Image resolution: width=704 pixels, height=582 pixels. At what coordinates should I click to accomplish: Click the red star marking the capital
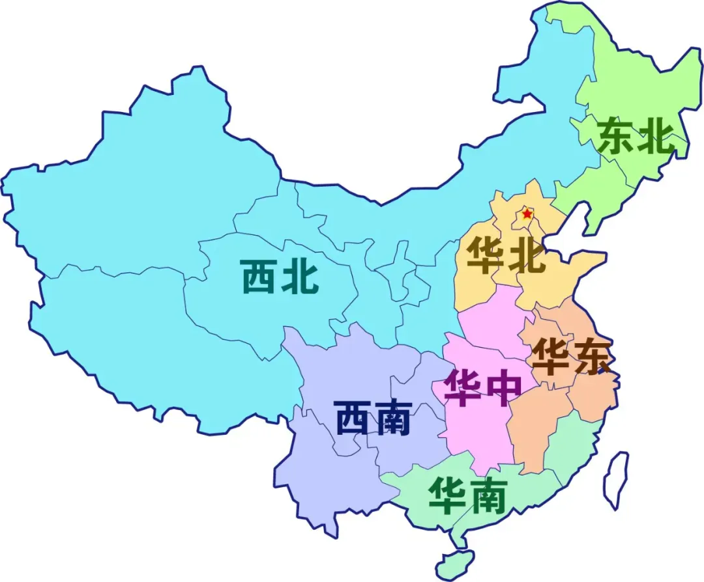click(x=527, y=214)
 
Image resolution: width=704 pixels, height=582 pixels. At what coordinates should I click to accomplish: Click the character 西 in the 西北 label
click(x=259, y=277)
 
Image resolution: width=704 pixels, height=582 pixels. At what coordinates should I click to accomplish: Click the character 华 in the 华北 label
click(x=485, y=255)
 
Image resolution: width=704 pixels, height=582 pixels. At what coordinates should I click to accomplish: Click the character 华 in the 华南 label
click(x=447, y=497)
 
